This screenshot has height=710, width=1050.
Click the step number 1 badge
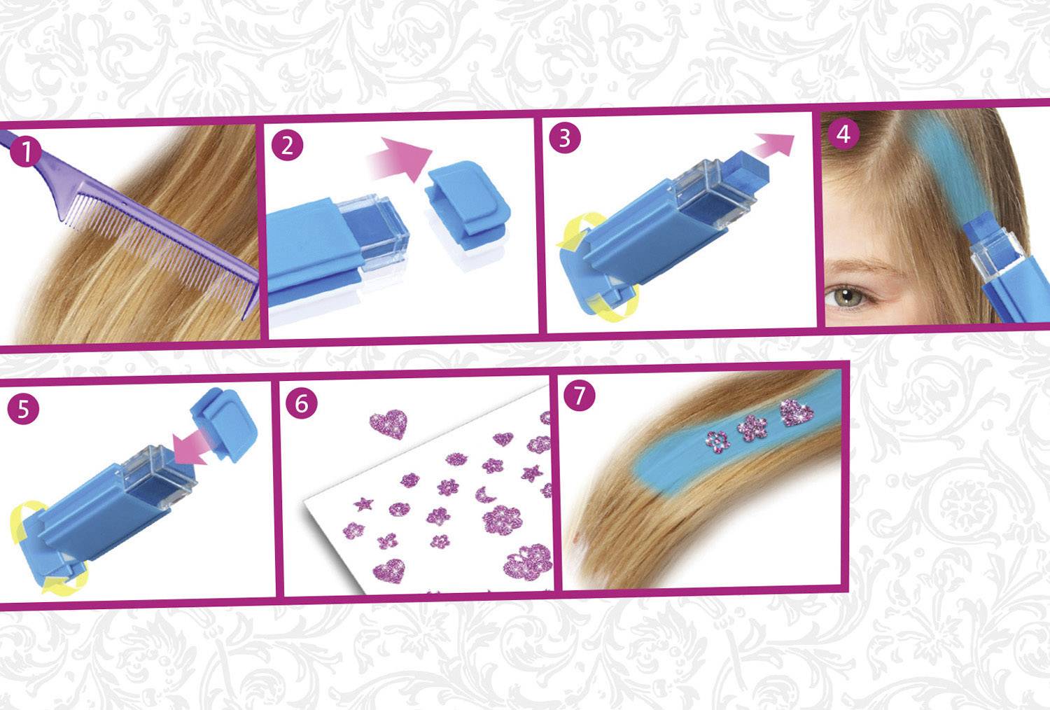[26, 151]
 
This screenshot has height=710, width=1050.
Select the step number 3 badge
[565, 138]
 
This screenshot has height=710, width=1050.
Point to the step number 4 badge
[843, 134]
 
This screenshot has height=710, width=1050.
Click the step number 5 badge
[23, 409]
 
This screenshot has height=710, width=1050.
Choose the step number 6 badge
[302, 403]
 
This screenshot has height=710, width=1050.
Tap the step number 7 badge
[580, 396]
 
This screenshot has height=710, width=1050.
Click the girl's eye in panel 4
[848, 298]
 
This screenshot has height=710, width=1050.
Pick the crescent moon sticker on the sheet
[484, 495]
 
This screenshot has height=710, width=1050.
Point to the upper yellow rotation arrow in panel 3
[577, 230]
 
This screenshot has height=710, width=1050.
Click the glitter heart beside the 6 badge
[388, 424]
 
